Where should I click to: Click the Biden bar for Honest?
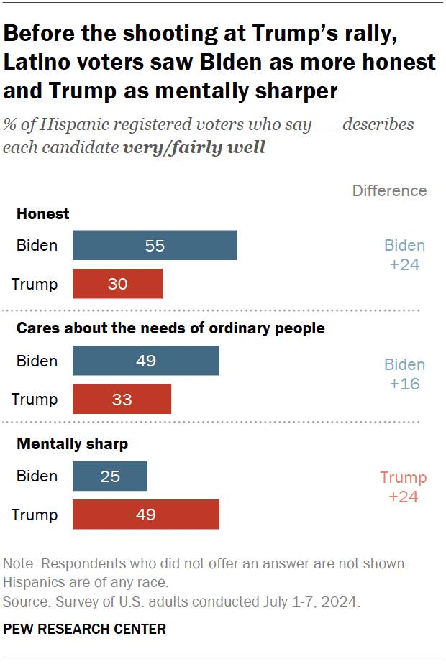(x=154, y=246)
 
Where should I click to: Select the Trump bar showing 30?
(x=117, y=284)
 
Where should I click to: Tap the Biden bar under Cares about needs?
(x=145, y=361)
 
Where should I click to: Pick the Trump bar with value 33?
(x=122, y=399)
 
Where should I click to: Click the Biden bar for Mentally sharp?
(x=109, y=476)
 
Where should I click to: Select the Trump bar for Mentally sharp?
(x=145, y=515)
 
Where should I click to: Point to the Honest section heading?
(x=43, y=213)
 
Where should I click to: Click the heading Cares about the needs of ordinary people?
(x=170, y=328)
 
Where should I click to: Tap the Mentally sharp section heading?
(x=72, y=444)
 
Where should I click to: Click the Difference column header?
(x=389, y=190)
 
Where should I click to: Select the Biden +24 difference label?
(x=404, y=255)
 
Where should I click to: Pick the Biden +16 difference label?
(x=404, y=374)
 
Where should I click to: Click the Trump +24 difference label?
(x=403, y=487)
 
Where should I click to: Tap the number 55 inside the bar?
(x=155, y=246)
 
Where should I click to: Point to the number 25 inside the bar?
(x=109, y=476)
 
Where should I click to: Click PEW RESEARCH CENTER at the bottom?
(x=85, y=629)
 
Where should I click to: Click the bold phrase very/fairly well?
(x=194, y=148)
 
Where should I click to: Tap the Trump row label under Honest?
(x=35, y=284)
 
